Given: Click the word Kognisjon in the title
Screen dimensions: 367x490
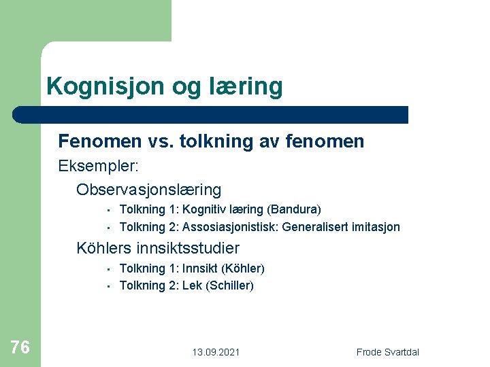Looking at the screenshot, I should coord(95,86).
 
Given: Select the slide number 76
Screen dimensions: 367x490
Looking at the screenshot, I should coord(20,347).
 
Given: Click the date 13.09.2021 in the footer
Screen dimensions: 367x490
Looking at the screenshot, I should coord(216,352).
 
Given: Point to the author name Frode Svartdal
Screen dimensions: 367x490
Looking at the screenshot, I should coord(388,352).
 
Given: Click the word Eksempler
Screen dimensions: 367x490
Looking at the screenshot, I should coord(97,166).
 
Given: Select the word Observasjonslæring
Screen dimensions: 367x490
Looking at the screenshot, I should coord(149,190).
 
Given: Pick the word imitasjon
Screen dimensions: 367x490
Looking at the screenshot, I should coord(376,227).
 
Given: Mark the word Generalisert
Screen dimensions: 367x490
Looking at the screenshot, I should coord(314,227).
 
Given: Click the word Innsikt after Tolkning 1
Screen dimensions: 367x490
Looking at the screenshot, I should coord(201,268).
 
